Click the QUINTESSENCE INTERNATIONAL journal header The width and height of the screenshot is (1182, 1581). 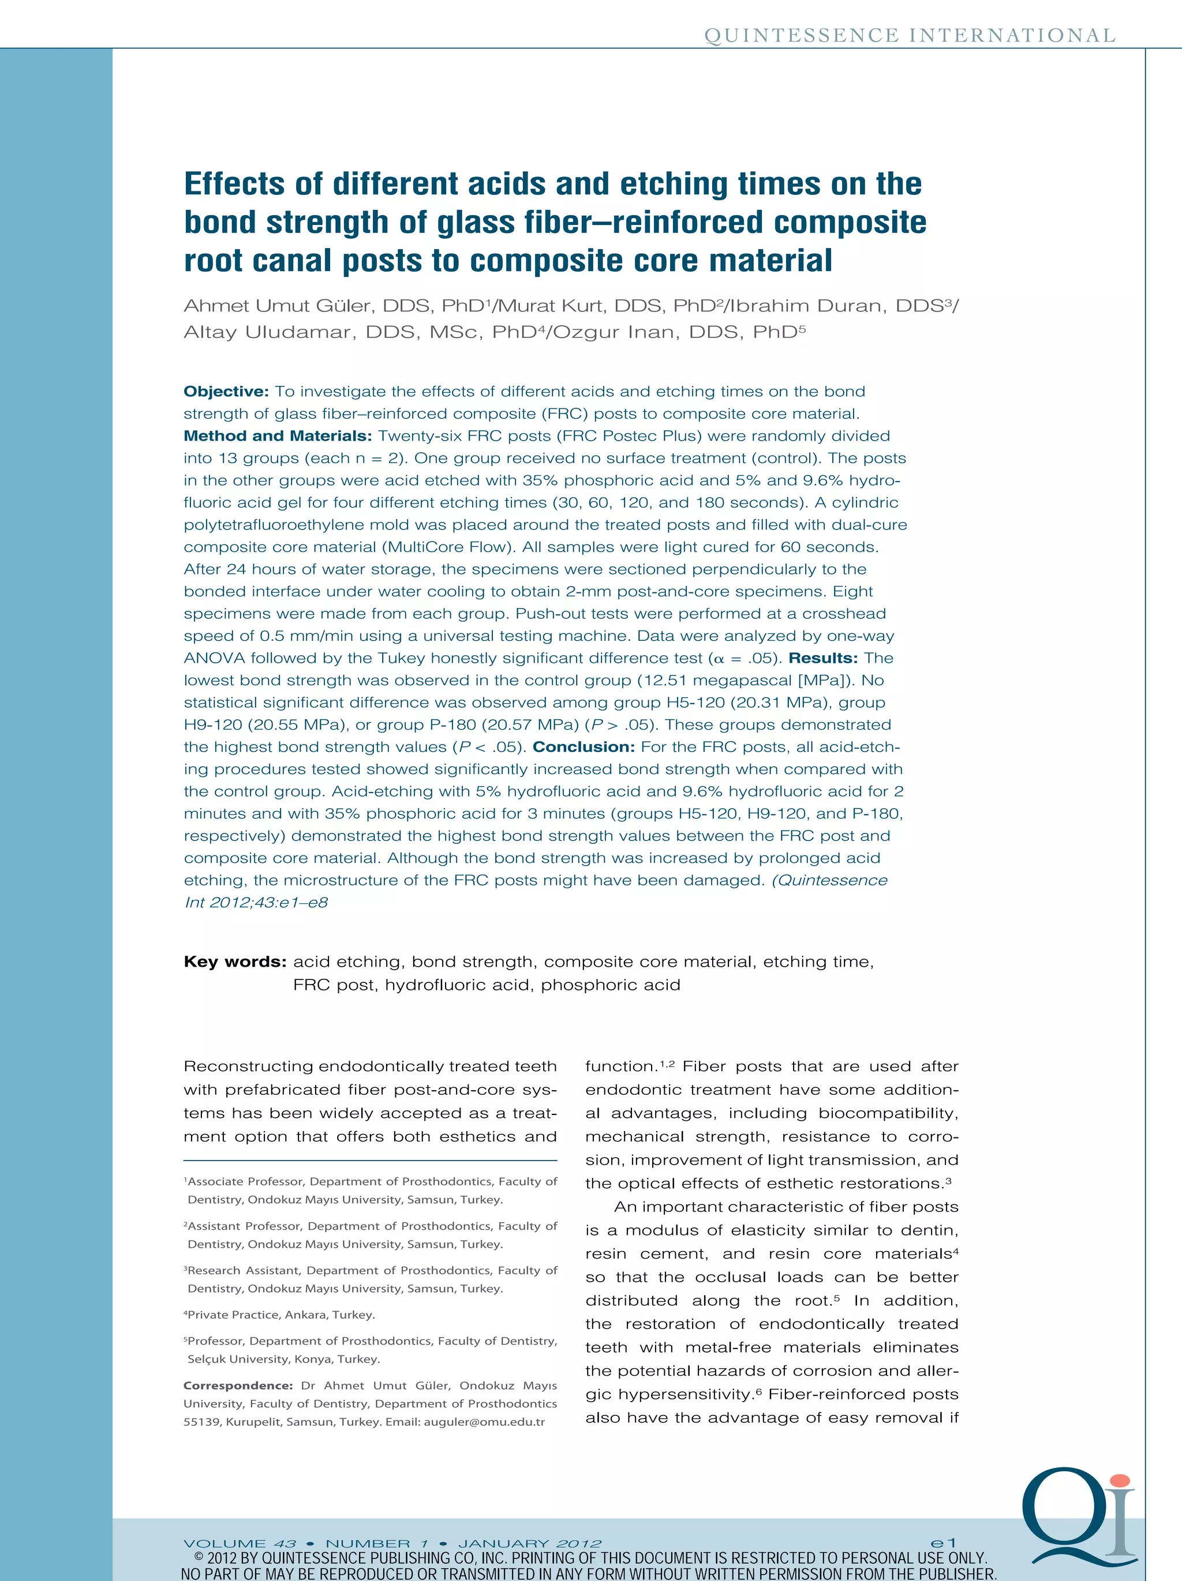coord(910,36)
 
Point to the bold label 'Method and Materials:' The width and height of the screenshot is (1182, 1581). coord(278,436)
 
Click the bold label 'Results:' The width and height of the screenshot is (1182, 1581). coord(823,658)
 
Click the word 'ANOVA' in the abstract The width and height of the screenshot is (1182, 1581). coord(214,658)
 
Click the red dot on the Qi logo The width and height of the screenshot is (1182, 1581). coord(1120,1481)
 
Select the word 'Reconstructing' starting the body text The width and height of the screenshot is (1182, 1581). coord(248,1066)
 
